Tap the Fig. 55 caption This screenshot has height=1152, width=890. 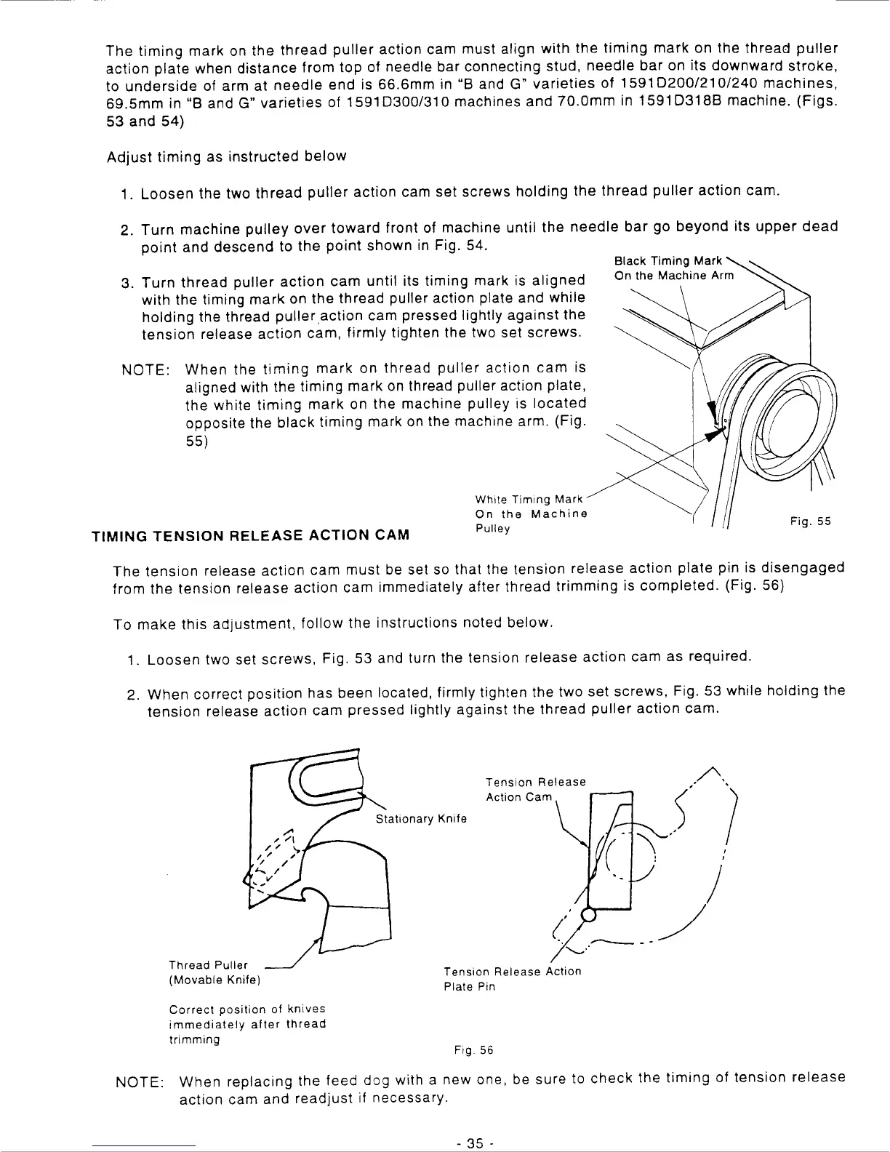tap(810, 521)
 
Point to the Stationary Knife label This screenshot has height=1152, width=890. tap(421, 819)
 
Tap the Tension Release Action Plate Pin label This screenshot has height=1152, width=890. tap(512, 979)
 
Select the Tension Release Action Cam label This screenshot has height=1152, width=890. tap(535, 789)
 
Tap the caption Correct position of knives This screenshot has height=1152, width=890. tap(247, 1009)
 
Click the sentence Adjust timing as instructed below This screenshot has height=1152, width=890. tap(226, 156)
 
